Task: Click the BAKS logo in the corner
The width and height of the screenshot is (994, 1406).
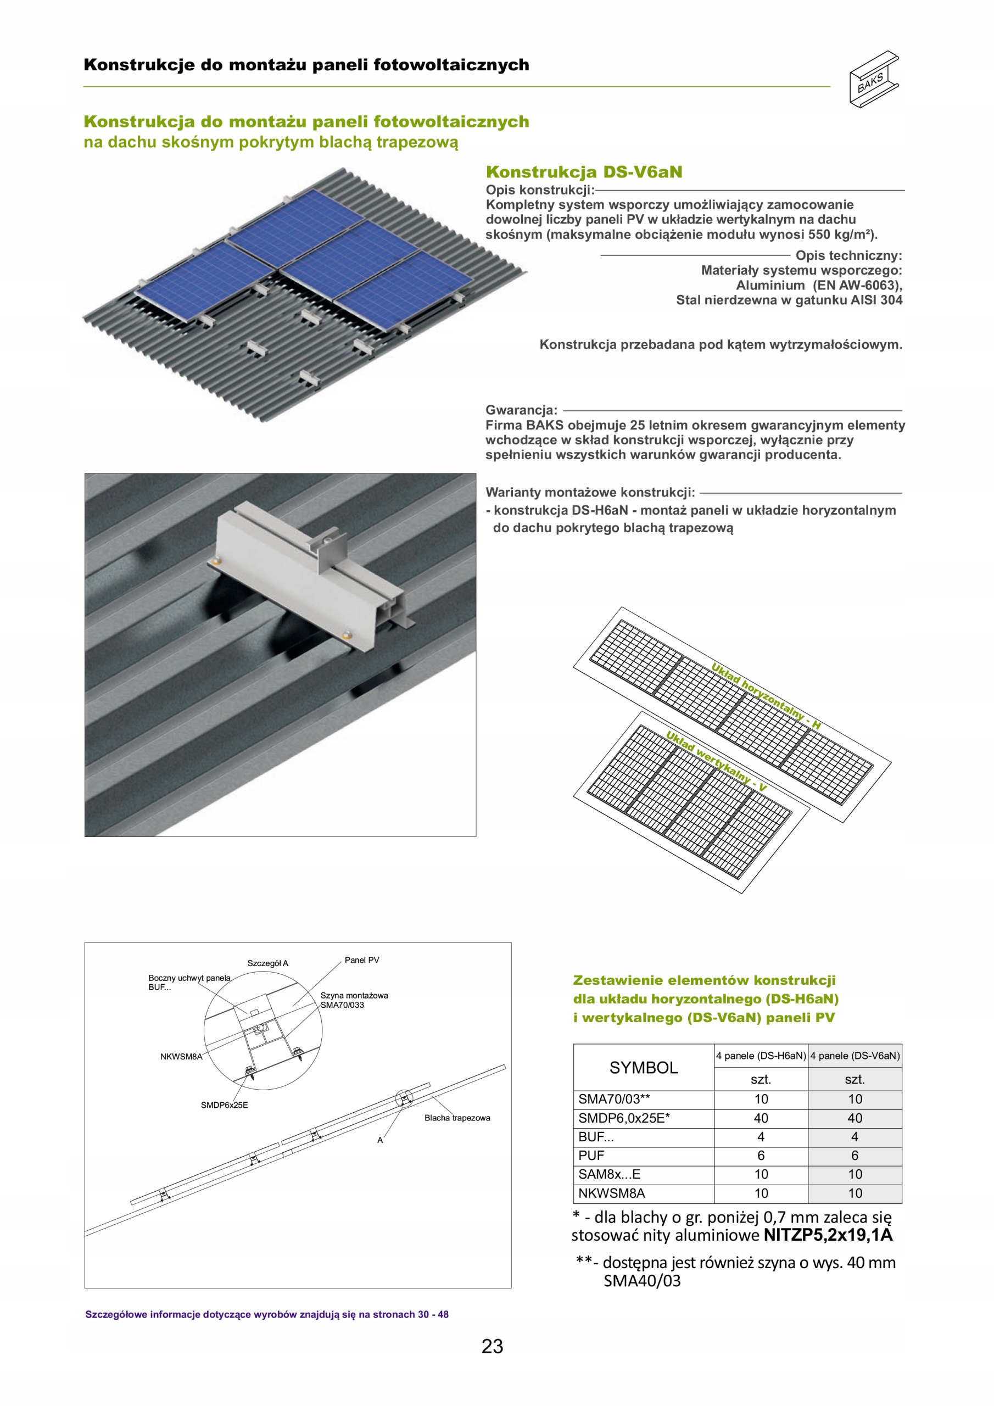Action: click(873, 80)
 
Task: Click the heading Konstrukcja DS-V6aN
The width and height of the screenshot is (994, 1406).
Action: click(584, 172)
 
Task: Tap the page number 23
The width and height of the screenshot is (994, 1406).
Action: click(492, 1346)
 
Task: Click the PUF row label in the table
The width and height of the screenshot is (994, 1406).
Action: click(591, 1156)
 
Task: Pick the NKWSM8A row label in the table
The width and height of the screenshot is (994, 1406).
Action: click(611, 1193)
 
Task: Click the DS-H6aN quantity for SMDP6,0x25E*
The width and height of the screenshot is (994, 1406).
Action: click(761, 1118)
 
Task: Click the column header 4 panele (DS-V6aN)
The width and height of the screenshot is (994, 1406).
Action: click(855, 1056)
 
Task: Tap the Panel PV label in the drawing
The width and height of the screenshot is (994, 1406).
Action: click(361, 960)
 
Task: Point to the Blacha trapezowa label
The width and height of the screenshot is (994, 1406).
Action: click(457, 1118)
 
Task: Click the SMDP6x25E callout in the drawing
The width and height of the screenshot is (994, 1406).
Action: click(224, 1104)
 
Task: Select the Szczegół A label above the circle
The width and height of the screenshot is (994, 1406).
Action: click(267, 963)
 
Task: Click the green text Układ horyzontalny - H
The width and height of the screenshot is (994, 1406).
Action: click(766, 696)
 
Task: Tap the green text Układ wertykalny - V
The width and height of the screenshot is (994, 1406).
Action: click(716, 761)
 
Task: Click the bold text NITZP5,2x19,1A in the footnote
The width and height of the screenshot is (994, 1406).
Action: click(828, 1235)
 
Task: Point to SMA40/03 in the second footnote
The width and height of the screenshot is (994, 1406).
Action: click(642, 1280)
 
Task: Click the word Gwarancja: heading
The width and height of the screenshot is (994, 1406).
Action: click(521, 410)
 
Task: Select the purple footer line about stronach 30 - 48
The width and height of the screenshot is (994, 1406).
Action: click(266, 1314)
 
